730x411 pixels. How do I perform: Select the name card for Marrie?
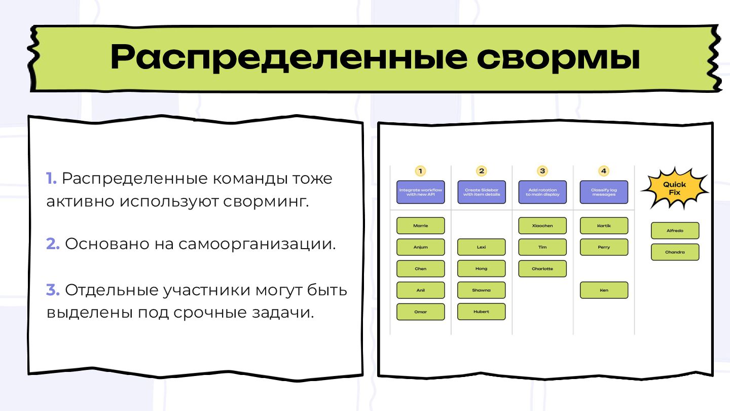(x=420, y=226)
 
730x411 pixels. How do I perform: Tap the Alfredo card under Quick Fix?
(x=675, y=231)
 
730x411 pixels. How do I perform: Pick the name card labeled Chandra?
(x=675, y=252)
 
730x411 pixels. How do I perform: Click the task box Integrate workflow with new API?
(x=420, y=192)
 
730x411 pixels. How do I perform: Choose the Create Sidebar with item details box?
(x=482, y=192)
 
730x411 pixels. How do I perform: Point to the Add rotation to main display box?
(x=542, y=192)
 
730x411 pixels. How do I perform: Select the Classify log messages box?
(x=604, y=192)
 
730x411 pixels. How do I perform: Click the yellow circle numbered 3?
(x=542, y=171)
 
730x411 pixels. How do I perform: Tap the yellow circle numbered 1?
(x=420, y=171)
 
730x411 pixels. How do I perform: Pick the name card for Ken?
(x=604, y=290)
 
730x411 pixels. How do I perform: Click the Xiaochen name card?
(x=542, y=226)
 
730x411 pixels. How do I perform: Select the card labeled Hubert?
(x=482, y=312)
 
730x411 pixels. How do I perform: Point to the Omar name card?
(x=420, y=312)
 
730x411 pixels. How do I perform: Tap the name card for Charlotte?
(x=542, y=269)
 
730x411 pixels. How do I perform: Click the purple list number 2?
(x=53, y=244)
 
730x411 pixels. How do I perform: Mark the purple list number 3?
(x=53, y=290)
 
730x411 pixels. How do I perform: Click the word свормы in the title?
(x=558, y=57)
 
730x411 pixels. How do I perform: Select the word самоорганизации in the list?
(x=257, y=244)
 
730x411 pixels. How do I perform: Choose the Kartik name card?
(x=604, y=226)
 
